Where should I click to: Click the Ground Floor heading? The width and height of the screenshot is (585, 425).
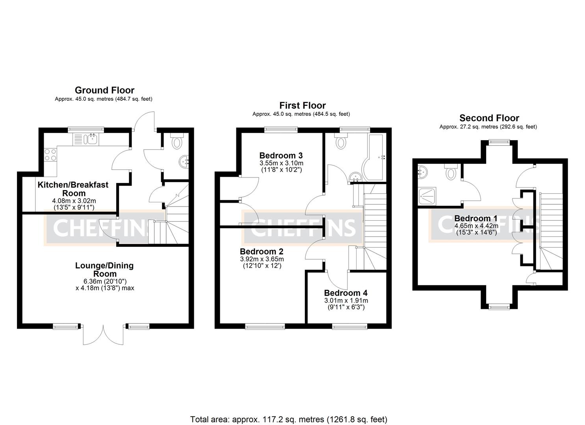104,91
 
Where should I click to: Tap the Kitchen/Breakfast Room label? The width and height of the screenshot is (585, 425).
73,189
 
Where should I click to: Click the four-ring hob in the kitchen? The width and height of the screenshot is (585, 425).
50,155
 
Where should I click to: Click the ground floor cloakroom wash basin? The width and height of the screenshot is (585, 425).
185,161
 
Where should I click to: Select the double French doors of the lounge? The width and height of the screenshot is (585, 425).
104,334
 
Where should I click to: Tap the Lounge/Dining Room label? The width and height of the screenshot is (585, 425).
104,270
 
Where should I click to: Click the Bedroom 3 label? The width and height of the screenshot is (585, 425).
281,155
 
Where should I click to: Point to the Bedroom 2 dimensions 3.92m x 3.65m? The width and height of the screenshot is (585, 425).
262,259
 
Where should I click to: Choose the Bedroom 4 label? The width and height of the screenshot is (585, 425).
345,293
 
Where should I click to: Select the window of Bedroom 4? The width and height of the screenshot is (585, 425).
349,326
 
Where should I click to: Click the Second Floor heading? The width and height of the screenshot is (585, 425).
489,118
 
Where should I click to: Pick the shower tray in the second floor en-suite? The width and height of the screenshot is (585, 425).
427,195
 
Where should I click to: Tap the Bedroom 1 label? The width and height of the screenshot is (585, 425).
475,218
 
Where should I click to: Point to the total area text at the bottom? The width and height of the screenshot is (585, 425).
288,419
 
